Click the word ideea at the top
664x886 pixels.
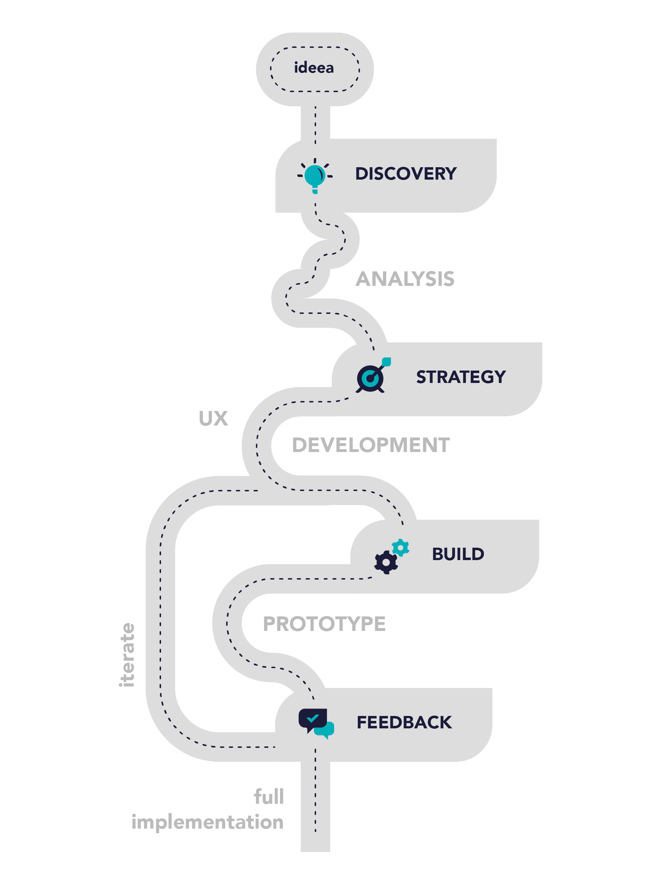click(314, 68)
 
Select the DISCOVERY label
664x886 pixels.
click(406, 174)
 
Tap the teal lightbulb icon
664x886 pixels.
click(315, 176)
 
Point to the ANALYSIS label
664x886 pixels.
click(405, 279)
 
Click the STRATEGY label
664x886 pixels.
click(461, 377)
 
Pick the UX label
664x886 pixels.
click(213, 419)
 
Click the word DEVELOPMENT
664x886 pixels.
click(371, 445)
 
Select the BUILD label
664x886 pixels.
click(458, 554)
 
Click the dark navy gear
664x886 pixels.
click(386, 562)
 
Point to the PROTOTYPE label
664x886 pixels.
click(324, 623)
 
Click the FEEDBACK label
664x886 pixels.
click(404, 722)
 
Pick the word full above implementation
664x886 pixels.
click(269, 796)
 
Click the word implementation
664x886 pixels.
click(207, 822)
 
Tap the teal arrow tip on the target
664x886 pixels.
click(386, 361)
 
